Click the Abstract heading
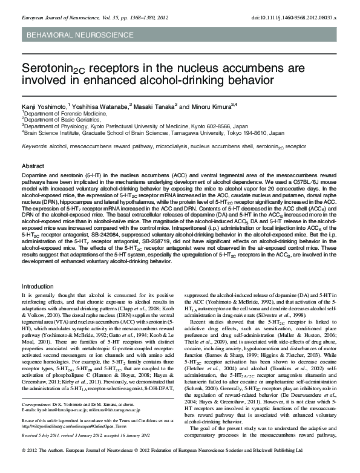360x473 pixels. tap(33, 166)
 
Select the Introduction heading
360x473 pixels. tap(38, 285)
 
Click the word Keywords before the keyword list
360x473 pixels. tap(34, 146)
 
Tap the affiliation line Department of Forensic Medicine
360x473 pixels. tap(57, 113)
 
